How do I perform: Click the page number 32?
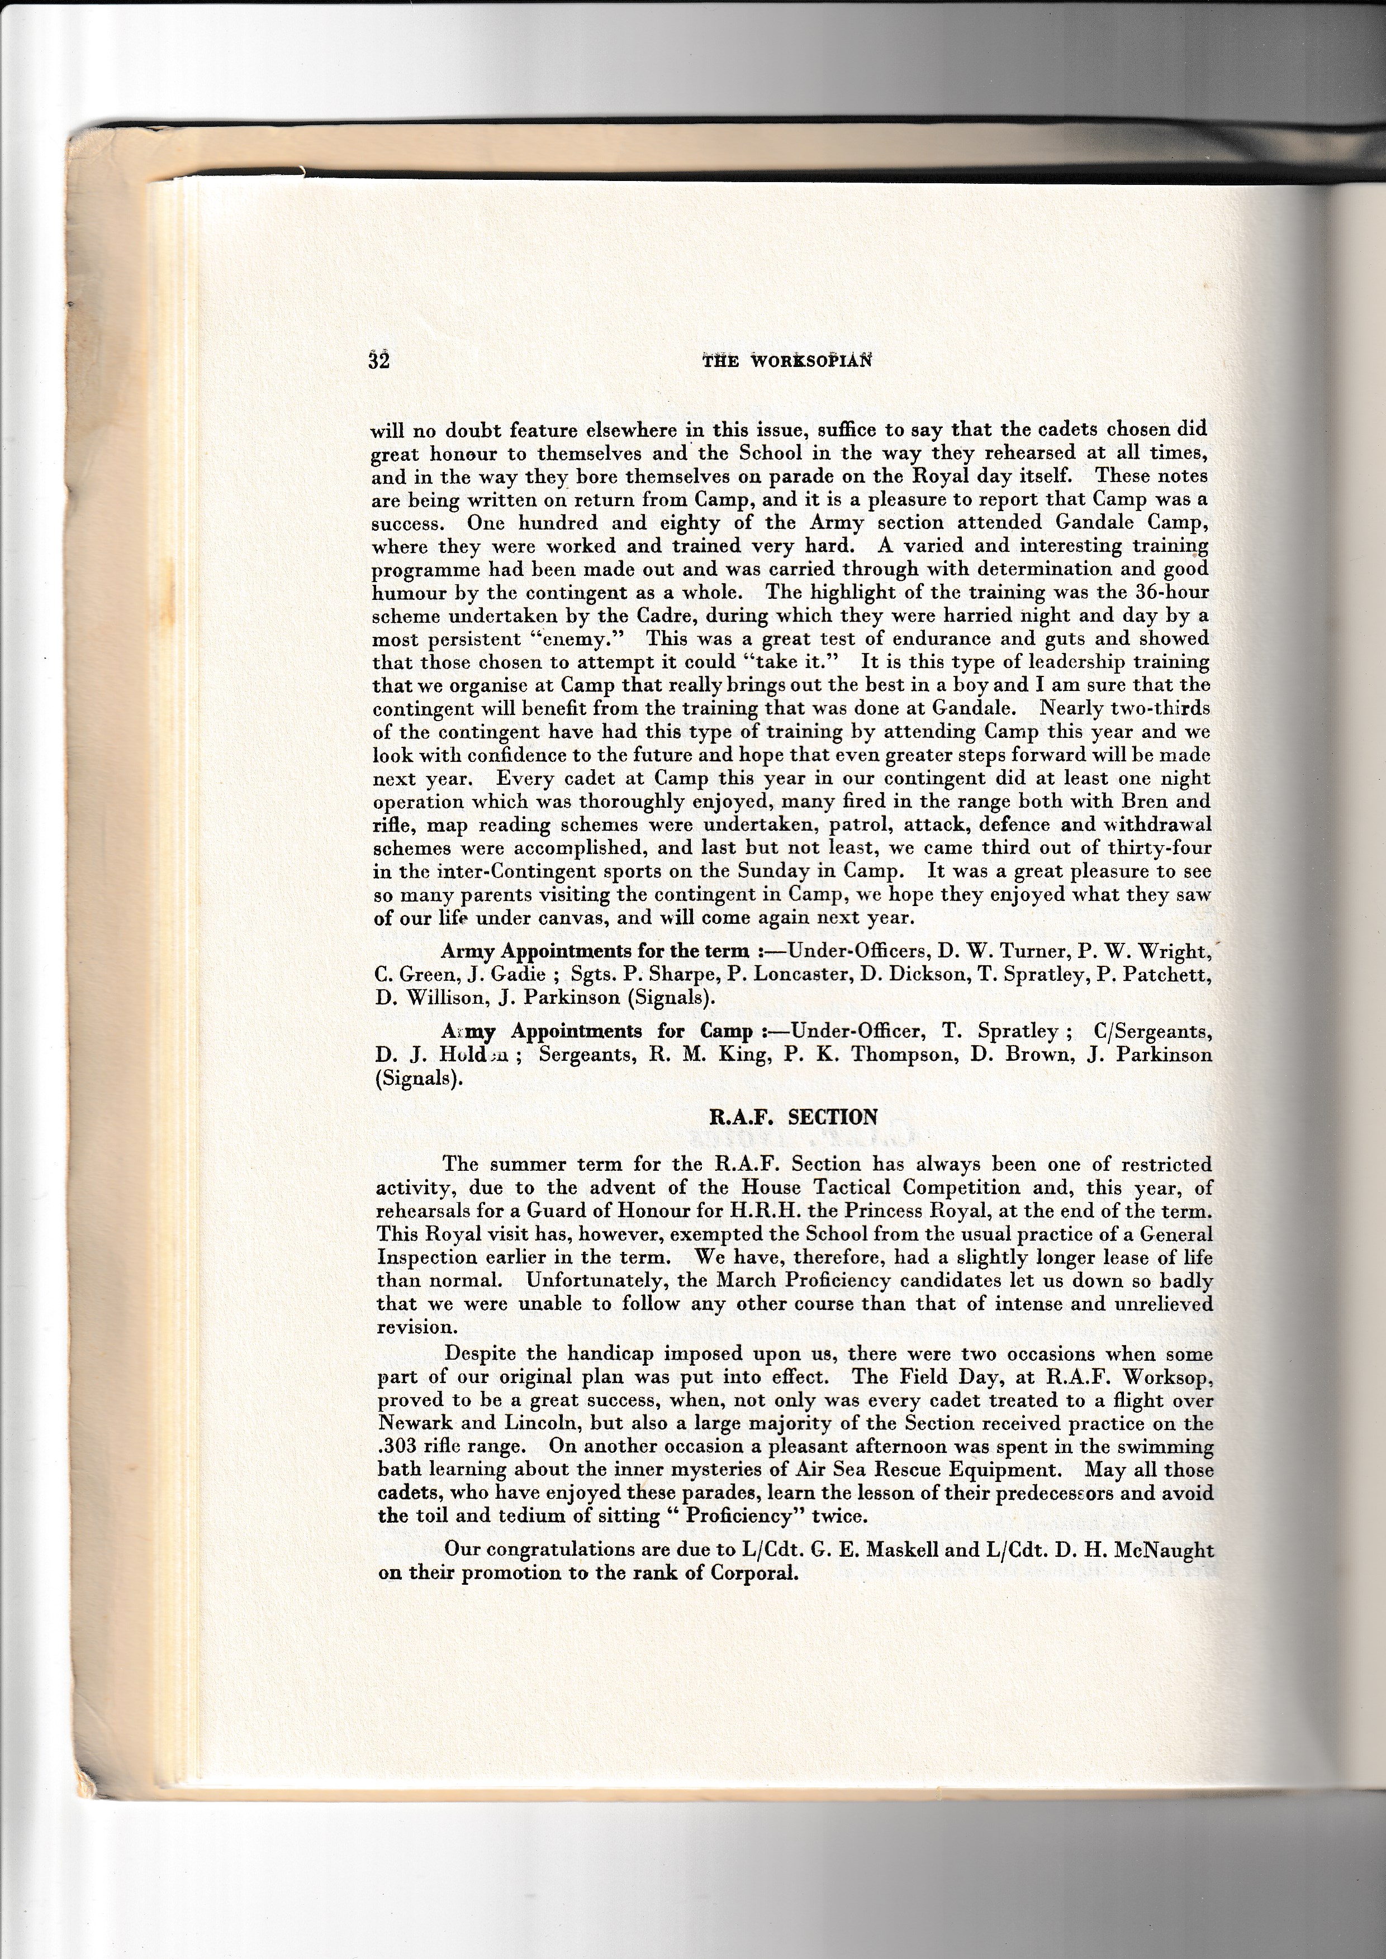379,360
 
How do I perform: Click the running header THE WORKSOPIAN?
788,361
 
